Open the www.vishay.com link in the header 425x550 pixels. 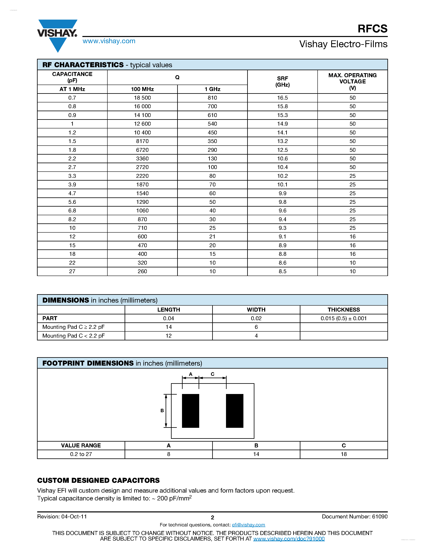109,41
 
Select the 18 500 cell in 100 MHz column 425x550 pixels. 142,98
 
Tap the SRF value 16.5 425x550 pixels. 282,98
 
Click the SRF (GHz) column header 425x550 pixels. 282,82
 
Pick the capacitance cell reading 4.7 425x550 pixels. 72,193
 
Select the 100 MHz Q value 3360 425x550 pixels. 142,158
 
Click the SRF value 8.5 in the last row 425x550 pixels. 282,271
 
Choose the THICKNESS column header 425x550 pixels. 343,310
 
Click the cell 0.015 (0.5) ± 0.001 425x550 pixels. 343,318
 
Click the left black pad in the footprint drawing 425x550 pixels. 190,411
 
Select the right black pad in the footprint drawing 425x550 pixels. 234,411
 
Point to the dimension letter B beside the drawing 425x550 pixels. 162,410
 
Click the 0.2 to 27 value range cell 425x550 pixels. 81,454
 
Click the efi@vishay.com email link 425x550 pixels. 248,525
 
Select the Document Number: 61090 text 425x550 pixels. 355,517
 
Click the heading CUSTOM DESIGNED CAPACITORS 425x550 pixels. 98,480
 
